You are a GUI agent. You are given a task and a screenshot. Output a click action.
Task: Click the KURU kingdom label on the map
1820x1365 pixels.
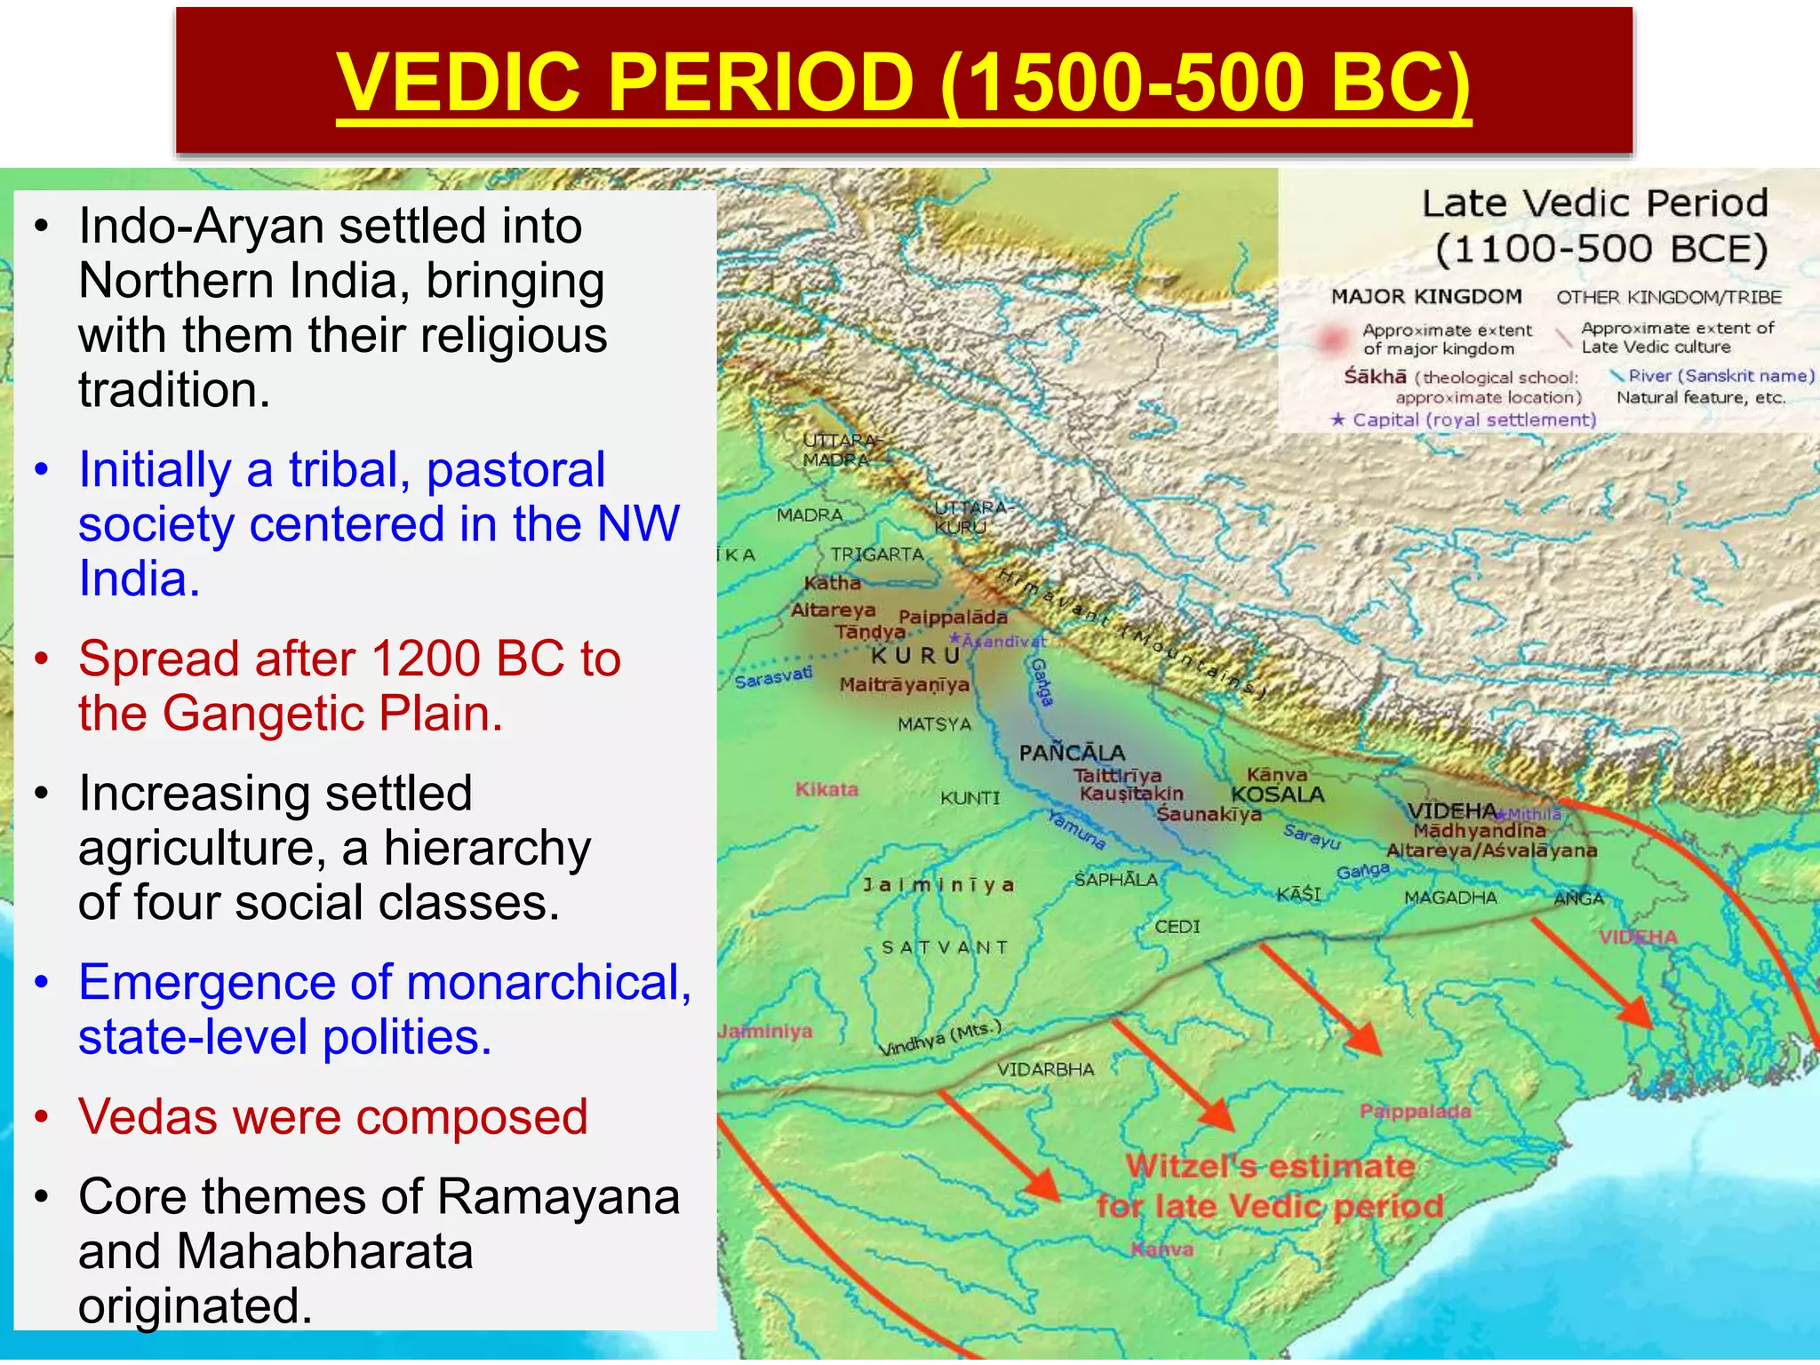pyautogui.click(x=915, y=656)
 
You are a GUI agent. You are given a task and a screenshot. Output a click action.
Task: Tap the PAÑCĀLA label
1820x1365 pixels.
pyautogui.click(x=1072, y=753)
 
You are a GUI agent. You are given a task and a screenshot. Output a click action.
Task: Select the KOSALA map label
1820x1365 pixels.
pyautogui.click(x=1277, y=794)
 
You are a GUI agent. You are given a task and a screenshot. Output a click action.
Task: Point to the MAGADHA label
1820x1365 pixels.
pyautogui.click(x=1450, y=898)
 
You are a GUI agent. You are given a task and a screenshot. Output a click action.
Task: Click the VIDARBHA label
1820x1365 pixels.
pyautogui.click(x=1045, y=1069)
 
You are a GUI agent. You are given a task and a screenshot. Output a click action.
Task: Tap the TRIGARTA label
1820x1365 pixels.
pyautogui.click(x=877, y=555)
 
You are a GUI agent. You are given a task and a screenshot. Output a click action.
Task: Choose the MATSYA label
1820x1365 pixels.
pyautogui.click(x=934, y=724)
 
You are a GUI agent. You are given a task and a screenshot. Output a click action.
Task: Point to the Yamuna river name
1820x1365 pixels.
pyautogui.click(x=1076, y=829)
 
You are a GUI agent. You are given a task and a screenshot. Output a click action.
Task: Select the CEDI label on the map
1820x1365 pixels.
pyautogui.click(x=1177, y=927)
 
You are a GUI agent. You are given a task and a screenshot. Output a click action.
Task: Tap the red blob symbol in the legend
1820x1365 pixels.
pyautogui.click(x=1331, y=339)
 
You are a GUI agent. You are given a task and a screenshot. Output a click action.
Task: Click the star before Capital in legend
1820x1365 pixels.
pyautogui.click(x=1337, y=419)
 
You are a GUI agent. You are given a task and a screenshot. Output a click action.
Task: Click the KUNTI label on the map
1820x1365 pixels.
pyautogui.click(x=970, y=798)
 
